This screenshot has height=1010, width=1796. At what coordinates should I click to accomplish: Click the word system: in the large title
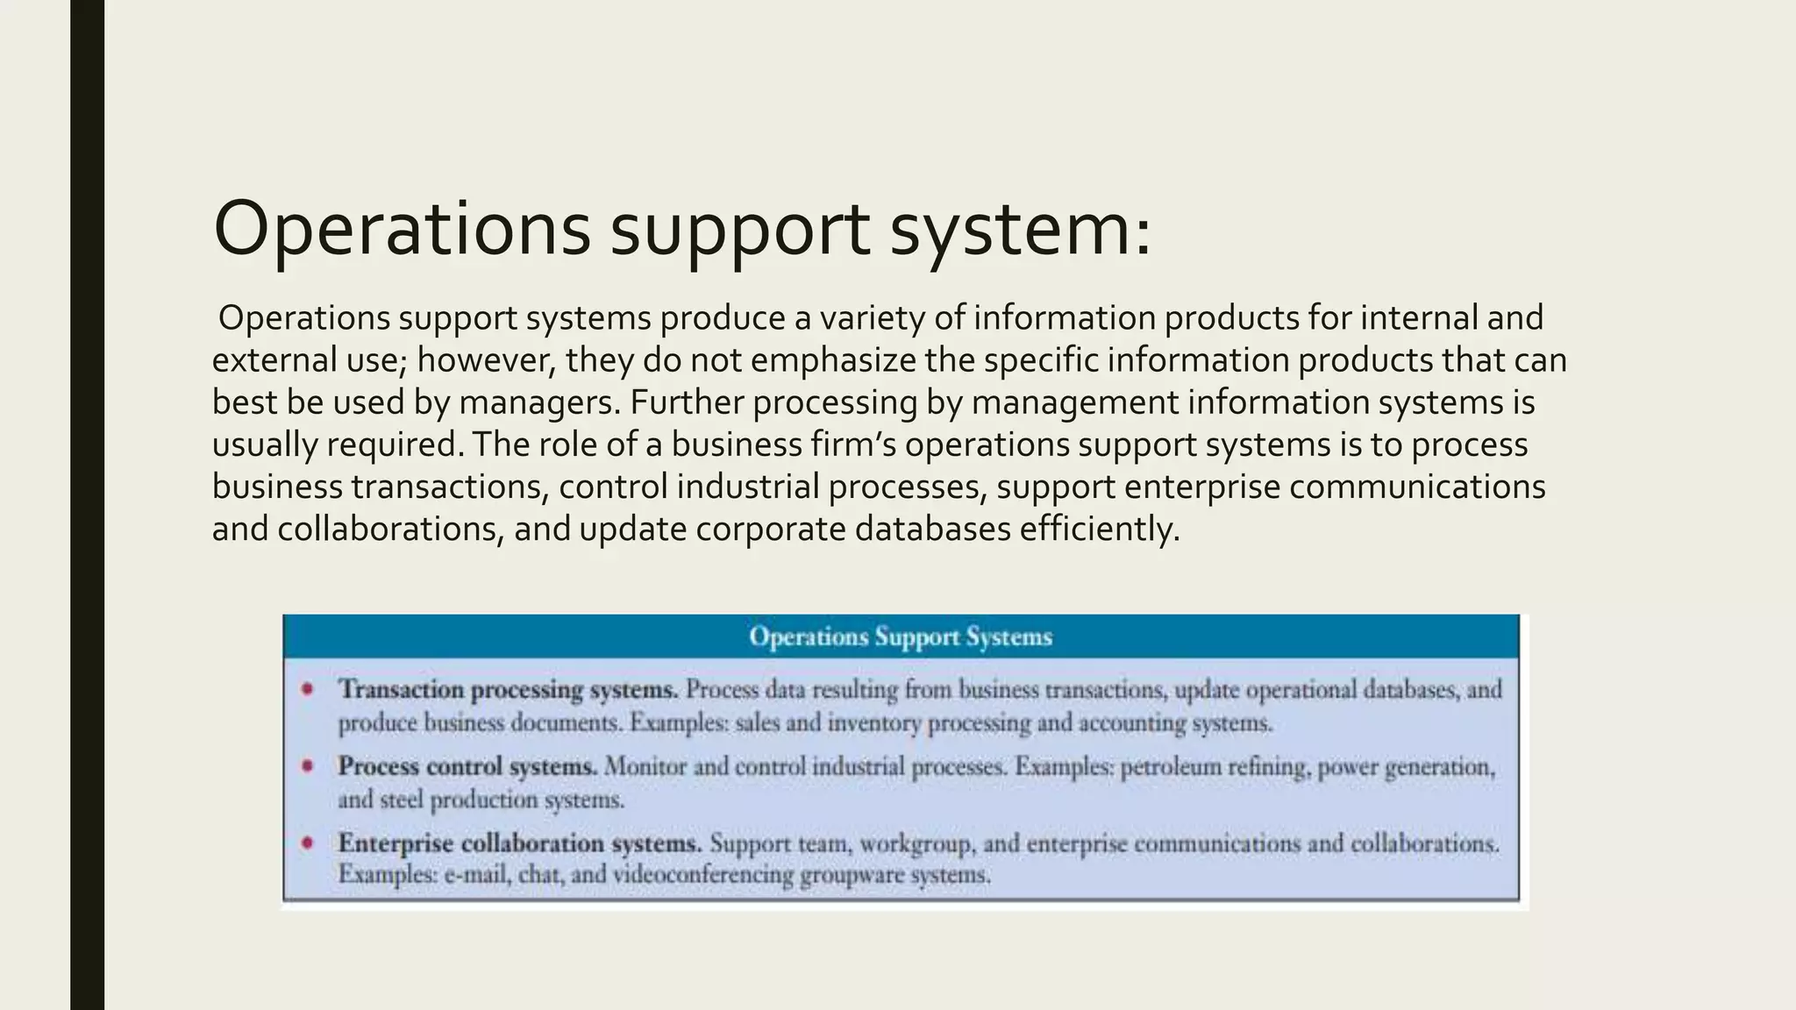(x=1019, y=230)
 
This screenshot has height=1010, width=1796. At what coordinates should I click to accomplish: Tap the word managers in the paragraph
(x=538, y=402)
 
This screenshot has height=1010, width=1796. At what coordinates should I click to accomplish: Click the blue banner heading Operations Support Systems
(x=901, y=637)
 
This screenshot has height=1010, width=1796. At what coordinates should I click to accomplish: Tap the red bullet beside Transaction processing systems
(x=308, y=689)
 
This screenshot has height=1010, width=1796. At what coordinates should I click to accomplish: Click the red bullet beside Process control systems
(x=308, y=766)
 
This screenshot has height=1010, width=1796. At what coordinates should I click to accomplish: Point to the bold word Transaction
(x=401, y=690)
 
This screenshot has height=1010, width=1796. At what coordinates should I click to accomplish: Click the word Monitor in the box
(x=645, y=767)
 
